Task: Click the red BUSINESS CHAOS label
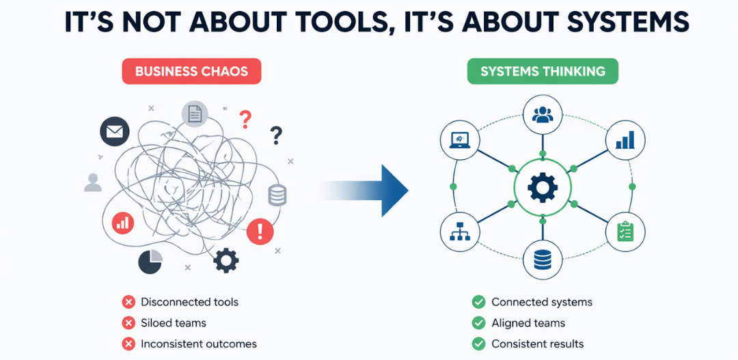coord(191,72)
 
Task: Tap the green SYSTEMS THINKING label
coord(543,72)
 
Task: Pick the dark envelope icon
coord(114,131)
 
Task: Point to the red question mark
coord(245,121)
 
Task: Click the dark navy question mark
coord(276,135)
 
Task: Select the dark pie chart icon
coord(150,261)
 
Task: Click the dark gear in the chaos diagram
coord(226,260)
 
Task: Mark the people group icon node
coord(543,115)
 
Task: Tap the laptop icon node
coord(459,141)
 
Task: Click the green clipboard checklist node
coord(625,231)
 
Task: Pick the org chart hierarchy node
coord(459,231)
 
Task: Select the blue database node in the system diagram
coord(543,259)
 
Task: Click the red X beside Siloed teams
coord(128,323)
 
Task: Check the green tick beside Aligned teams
coord(478,323)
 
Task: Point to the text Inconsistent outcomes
coord(199,344)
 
